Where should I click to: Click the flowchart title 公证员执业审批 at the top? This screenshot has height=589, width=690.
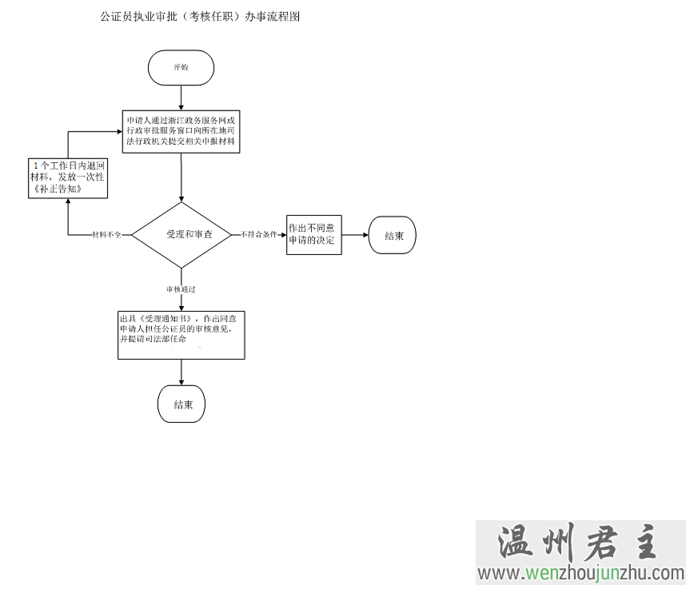tap(200, 16)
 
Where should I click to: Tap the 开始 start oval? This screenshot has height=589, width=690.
tap(181, 67)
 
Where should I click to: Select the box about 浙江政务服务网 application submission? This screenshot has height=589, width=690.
tap(181, 131)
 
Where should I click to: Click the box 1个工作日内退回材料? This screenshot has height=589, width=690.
tap(68, 177)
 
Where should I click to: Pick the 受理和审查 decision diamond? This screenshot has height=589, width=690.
tap(182, 235)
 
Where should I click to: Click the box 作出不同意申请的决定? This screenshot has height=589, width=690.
tap(314, 234)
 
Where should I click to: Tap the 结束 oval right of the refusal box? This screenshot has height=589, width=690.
tap(393, 236)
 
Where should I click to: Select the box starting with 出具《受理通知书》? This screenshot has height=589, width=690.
tap(181, 333)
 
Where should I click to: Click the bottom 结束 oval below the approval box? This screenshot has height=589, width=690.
tap(182, 404)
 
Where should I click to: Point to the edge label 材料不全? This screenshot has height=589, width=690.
tap(106, 235)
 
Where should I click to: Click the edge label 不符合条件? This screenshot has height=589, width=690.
tap(257, 235)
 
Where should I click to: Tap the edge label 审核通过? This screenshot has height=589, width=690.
tap(181, 288)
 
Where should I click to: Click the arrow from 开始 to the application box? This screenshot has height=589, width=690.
tap(181, 97)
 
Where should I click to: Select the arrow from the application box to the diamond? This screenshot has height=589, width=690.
tap(181, 177)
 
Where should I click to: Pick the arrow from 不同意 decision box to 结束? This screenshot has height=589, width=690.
tap(355, 235)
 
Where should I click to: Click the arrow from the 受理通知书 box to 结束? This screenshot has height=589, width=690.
tap(181, 371)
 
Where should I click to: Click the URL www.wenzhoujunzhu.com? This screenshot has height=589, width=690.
tap(581, 573)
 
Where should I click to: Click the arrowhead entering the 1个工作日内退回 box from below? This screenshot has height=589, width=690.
tap(68, 202)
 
